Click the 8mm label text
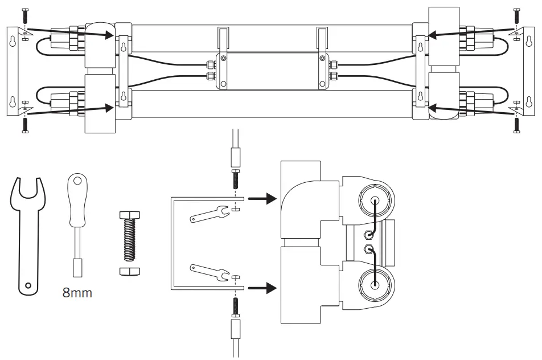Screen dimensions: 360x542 [x=77, y=294]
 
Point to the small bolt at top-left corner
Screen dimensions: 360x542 [x=24, y=17]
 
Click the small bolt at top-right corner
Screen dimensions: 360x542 [x=516, y=17]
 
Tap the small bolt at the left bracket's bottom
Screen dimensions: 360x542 [x=24, y=124]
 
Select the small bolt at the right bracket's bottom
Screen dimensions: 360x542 [x=516, y=124]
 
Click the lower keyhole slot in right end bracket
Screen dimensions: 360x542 [x=528, y=103]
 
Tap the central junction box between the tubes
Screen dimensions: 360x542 [x=271, y=71]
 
